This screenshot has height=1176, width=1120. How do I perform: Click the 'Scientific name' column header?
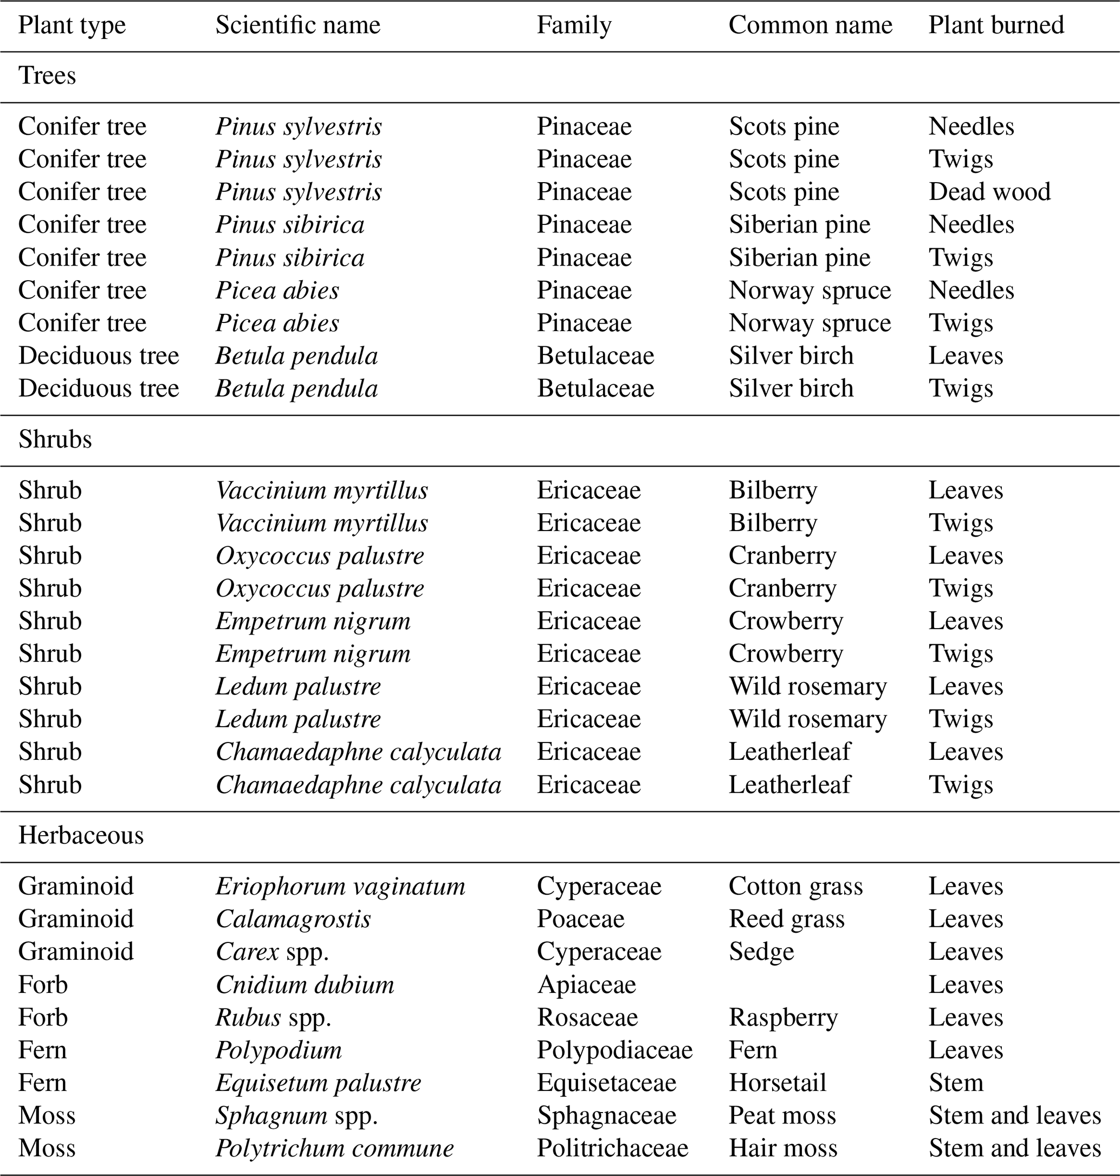tap(297, 25)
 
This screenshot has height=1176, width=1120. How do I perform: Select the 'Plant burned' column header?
tap(996, 25)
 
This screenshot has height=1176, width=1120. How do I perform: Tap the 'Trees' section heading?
tap(47, 76)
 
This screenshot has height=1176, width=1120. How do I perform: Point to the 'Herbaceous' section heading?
tap(81, 836)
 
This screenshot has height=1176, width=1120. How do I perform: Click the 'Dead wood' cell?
tap(989, 192)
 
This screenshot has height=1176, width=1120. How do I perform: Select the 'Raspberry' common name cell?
tap(782, 1018)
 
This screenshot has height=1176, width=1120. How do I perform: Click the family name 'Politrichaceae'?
tap(612, 1148)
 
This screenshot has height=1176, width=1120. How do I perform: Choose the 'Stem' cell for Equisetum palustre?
tap(955, 1083)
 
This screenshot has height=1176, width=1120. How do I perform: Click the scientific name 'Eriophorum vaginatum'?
tap(340, 887)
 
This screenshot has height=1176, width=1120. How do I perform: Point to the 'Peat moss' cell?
tap(781, 1116)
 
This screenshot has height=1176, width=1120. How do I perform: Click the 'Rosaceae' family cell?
tap(587, 1018)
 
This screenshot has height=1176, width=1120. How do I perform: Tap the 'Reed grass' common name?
tap(786, 919)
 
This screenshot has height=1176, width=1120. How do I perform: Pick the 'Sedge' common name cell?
tap(761, 952)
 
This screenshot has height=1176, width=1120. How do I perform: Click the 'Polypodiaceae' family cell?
tap(614, 1051)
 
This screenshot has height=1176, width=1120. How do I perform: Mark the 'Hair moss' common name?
tap(782, 1148)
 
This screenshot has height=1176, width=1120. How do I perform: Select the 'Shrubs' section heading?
tap(55, 440)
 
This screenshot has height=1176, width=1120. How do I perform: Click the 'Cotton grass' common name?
tap(795, 887)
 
